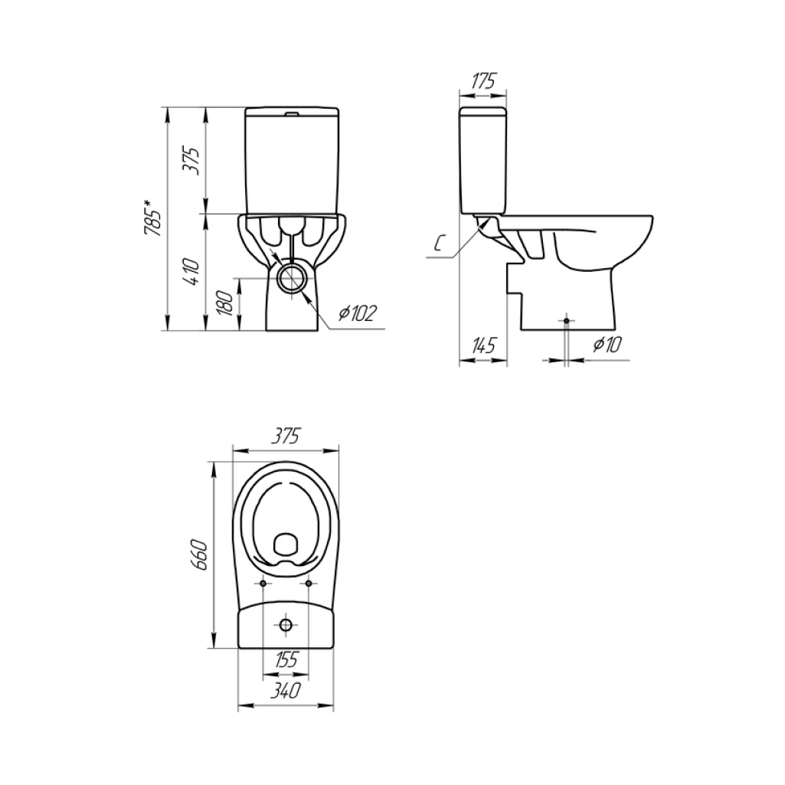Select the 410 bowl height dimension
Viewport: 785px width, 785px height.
(x=191, y=271)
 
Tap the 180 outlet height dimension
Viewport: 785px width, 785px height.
(x=226, y=303)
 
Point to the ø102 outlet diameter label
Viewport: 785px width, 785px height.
(x=357, y=313)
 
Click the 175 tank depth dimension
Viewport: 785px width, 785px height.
(x=483, y=81)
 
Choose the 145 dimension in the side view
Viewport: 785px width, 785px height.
(x=483, y=345)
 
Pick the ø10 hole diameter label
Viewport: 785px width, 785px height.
(x=607, y=345)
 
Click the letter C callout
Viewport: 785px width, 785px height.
(x=439, y=244)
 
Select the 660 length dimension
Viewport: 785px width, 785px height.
(x=199, y=554)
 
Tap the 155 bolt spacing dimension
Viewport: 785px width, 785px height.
(x=286, y=659)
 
